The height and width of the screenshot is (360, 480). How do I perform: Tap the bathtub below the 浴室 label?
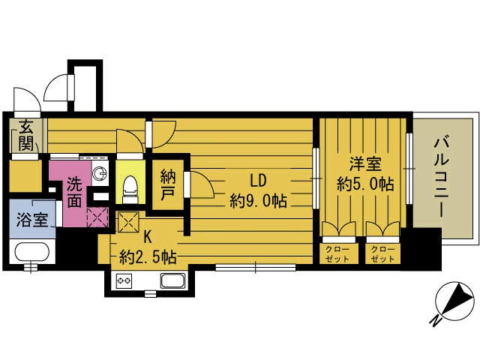[32, 252]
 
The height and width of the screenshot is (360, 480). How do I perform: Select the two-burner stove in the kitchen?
[124, 280]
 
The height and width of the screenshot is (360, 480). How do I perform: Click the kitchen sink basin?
[173, 280]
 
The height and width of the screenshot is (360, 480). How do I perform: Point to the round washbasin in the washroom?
[100, 174]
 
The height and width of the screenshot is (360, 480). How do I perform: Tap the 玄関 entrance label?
[26, 136]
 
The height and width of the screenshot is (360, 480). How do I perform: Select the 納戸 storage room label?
[168, 185]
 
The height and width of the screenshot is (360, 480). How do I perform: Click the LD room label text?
[258, 181]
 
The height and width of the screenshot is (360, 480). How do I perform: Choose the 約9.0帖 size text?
[258, 201]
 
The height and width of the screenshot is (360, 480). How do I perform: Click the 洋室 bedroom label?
[365, 163]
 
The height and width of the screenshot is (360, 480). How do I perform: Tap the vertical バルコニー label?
[441, 178]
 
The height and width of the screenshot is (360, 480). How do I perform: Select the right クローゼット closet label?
[382, 254]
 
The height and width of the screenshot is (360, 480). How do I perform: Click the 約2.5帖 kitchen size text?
[148, 257]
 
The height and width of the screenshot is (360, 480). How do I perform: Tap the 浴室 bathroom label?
[32, 220]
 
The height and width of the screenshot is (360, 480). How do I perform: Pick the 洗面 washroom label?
[74, 192]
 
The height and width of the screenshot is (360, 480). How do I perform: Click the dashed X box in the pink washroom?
[97, 217]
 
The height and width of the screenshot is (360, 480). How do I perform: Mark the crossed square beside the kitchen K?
[128, 222]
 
